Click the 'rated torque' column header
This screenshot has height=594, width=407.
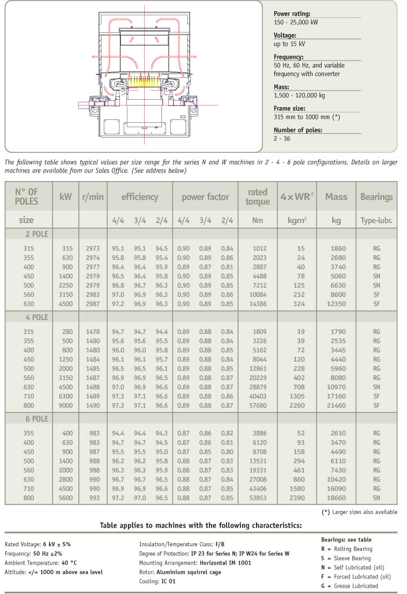tap(258, 197)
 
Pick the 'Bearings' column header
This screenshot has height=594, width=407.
tap(376, 197)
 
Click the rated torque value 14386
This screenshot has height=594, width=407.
tap(258, 303)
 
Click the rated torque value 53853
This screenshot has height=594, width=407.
tap(258, 497)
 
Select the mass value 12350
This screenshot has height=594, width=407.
tap(336, 303)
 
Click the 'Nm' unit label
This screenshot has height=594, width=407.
tap(258, 220)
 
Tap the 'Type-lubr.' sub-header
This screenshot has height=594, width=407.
tap(376, 220)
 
